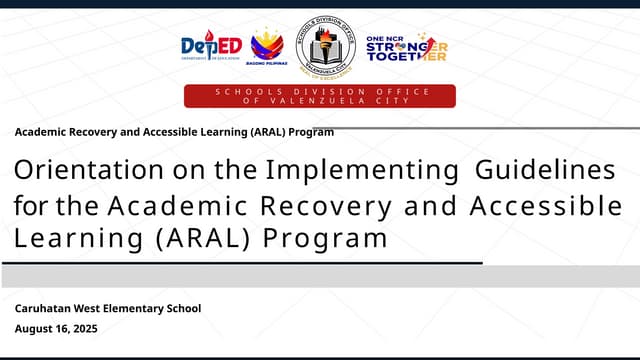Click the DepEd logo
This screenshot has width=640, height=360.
point(211,45)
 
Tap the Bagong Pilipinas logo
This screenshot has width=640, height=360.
point(266,46)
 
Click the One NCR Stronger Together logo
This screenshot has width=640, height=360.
point(406,47)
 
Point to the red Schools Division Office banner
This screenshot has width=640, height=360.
point(320,96)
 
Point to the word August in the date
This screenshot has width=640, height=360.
point(35,329)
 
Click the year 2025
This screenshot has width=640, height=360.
point(84,329)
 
